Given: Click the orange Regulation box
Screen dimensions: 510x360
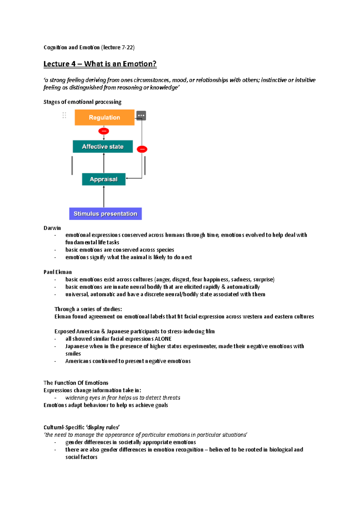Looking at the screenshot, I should point(104,117).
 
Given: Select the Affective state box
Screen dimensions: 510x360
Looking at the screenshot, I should point(103,147).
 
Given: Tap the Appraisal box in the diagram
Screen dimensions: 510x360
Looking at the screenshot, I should point(103,179).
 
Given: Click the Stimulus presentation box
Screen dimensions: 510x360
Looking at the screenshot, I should point(105,214).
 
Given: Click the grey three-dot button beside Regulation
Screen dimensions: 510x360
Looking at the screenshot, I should point(141,116).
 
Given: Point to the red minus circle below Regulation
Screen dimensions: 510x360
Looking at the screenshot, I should point(104,131).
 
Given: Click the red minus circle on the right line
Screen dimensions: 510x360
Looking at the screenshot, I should point(142,149).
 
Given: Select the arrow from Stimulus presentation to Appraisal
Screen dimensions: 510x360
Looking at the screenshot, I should point(104,196).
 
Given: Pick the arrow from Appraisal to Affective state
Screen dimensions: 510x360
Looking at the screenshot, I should point(104,163).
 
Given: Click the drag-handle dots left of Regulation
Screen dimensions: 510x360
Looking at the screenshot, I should point(64,115).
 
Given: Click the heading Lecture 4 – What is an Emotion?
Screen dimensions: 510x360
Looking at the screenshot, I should point(100,64).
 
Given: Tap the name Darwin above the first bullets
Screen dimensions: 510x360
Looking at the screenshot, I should point(52,228).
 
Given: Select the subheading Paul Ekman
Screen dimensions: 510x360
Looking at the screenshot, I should point(58,272).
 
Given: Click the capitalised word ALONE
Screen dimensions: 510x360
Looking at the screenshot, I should point(163,339).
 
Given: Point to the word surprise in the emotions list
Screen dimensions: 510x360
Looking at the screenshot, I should point(263,280).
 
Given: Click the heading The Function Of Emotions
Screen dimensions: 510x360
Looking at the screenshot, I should point(76,383).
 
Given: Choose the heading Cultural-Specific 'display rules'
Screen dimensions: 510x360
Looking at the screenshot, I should point(82,427).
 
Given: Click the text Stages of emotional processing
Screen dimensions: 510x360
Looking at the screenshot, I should point(82,102).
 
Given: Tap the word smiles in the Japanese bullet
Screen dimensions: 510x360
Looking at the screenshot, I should point(73,354).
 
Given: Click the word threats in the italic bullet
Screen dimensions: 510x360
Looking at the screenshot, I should point(171,398).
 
